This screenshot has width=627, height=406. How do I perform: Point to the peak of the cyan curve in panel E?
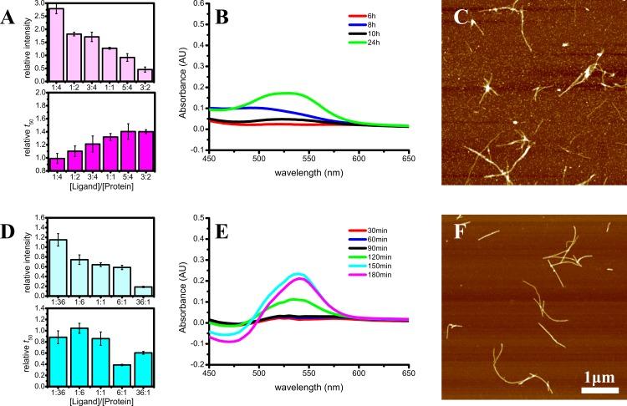coord(451,273)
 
